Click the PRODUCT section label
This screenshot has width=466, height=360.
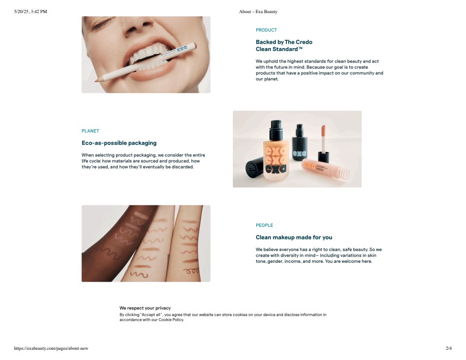click(x=266, y=30)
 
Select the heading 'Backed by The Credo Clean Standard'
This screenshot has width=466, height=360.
click(x=284, y=46)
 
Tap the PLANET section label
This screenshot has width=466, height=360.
click(x=90, y=131)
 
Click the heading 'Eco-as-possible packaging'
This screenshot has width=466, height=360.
click(x=119, y=143)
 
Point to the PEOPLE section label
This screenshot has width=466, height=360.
click(x=265, y=225)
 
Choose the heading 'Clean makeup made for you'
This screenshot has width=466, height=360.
click(x=294, y=238)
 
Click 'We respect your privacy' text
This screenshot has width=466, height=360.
click(x=145, y=308)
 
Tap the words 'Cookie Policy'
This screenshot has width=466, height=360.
click(x=171, y=320)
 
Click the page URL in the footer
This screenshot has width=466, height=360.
click(x=51, y=348)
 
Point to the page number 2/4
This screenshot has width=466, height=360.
click(x=449, y=348)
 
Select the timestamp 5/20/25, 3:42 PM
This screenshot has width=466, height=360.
click(x=30, y=12)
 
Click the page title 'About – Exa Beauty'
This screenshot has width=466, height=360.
click(x=258, y=12)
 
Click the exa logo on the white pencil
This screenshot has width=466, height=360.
click(x=182, y=49)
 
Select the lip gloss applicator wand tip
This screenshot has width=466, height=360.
click(x=323, y=131)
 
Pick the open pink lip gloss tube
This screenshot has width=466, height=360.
click(x=325, y=169)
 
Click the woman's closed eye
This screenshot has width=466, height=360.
click(x=102, y=23)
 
